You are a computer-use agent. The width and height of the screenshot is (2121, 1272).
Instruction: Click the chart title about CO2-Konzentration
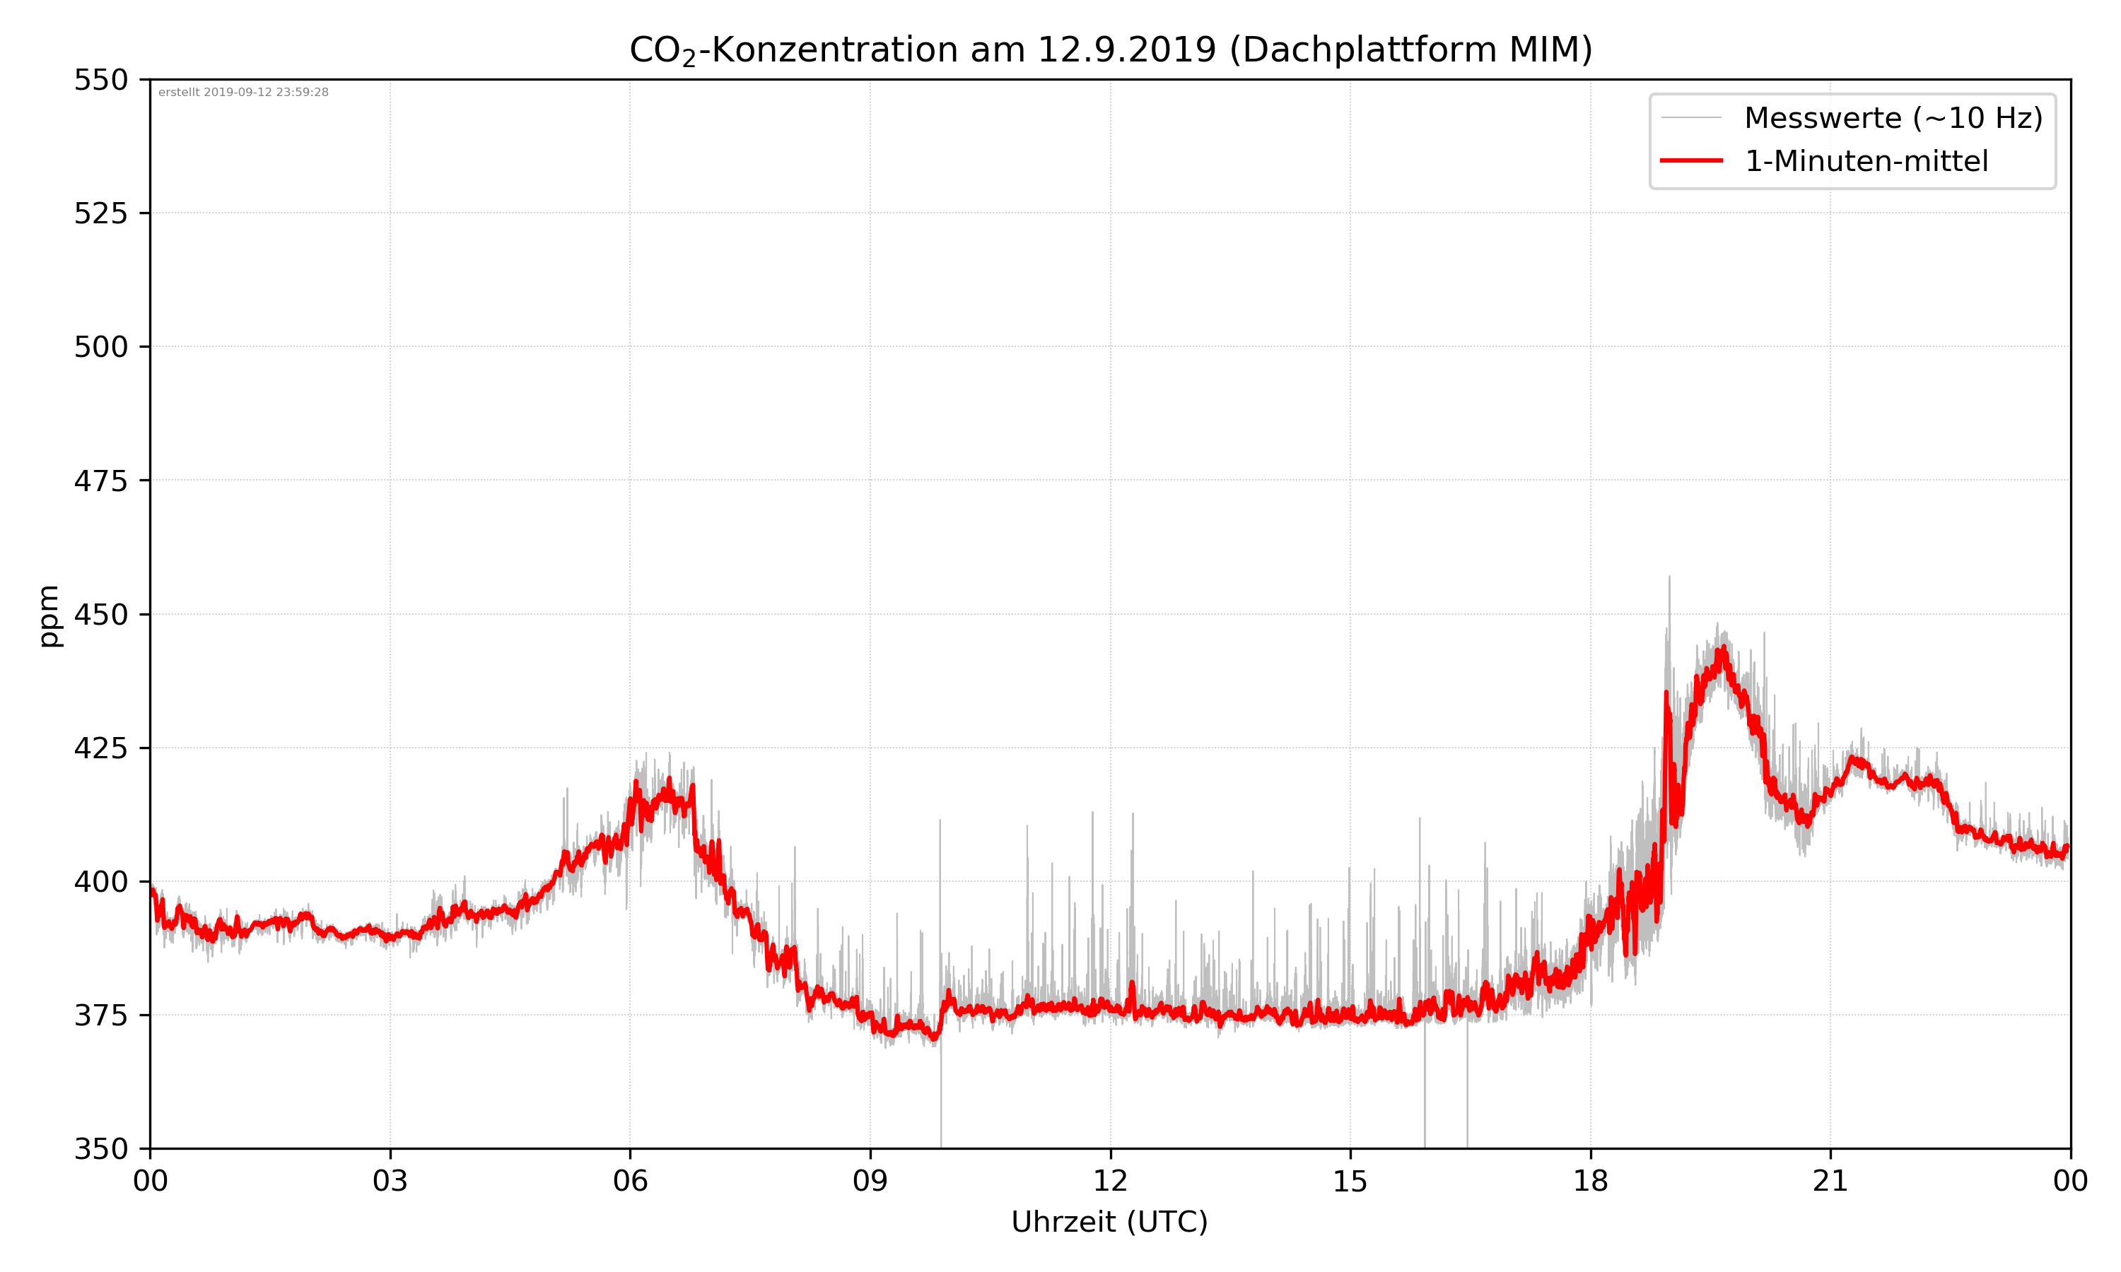(1110, 49)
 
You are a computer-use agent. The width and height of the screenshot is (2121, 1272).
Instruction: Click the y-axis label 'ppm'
(49, 616)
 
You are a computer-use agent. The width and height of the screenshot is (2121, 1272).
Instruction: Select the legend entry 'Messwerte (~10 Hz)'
(1893, 118)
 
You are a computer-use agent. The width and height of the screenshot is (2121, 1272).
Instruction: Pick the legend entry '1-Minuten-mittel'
(1866, 161)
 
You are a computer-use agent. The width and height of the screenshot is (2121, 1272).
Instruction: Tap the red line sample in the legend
(1690, 160)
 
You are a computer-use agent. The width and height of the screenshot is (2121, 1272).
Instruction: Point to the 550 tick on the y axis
(100, 80)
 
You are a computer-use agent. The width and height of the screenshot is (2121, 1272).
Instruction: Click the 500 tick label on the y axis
(100, 347)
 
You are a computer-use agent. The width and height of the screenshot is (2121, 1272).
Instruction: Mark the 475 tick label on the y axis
(100, 481)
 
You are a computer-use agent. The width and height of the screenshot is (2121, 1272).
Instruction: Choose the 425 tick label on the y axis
(100, 748)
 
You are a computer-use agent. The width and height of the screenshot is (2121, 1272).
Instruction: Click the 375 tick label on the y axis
(100, 1015)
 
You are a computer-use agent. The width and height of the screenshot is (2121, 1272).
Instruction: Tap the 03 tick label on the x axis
(390, 1181)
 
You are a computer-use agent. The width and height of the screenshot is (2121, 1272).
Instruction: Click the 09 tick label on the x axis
(870, 1181)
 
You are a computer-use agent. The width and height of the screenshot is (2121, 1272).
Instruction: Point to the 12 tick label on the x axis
(1110, 1181)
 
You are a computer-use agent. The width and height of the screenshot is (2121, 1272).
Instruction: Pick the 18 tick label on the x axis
(1590, 1181)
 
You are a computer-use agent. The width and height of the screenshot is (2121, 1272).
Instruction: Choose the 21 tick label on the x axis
(1830, 1181)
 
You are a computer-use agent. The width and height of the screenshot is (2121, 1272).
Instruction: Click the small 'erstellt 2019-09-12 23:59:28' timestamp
(243, 93)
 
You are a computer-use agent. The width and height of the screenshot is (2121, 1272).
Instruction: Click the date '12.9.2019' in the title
(1126, 49)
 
